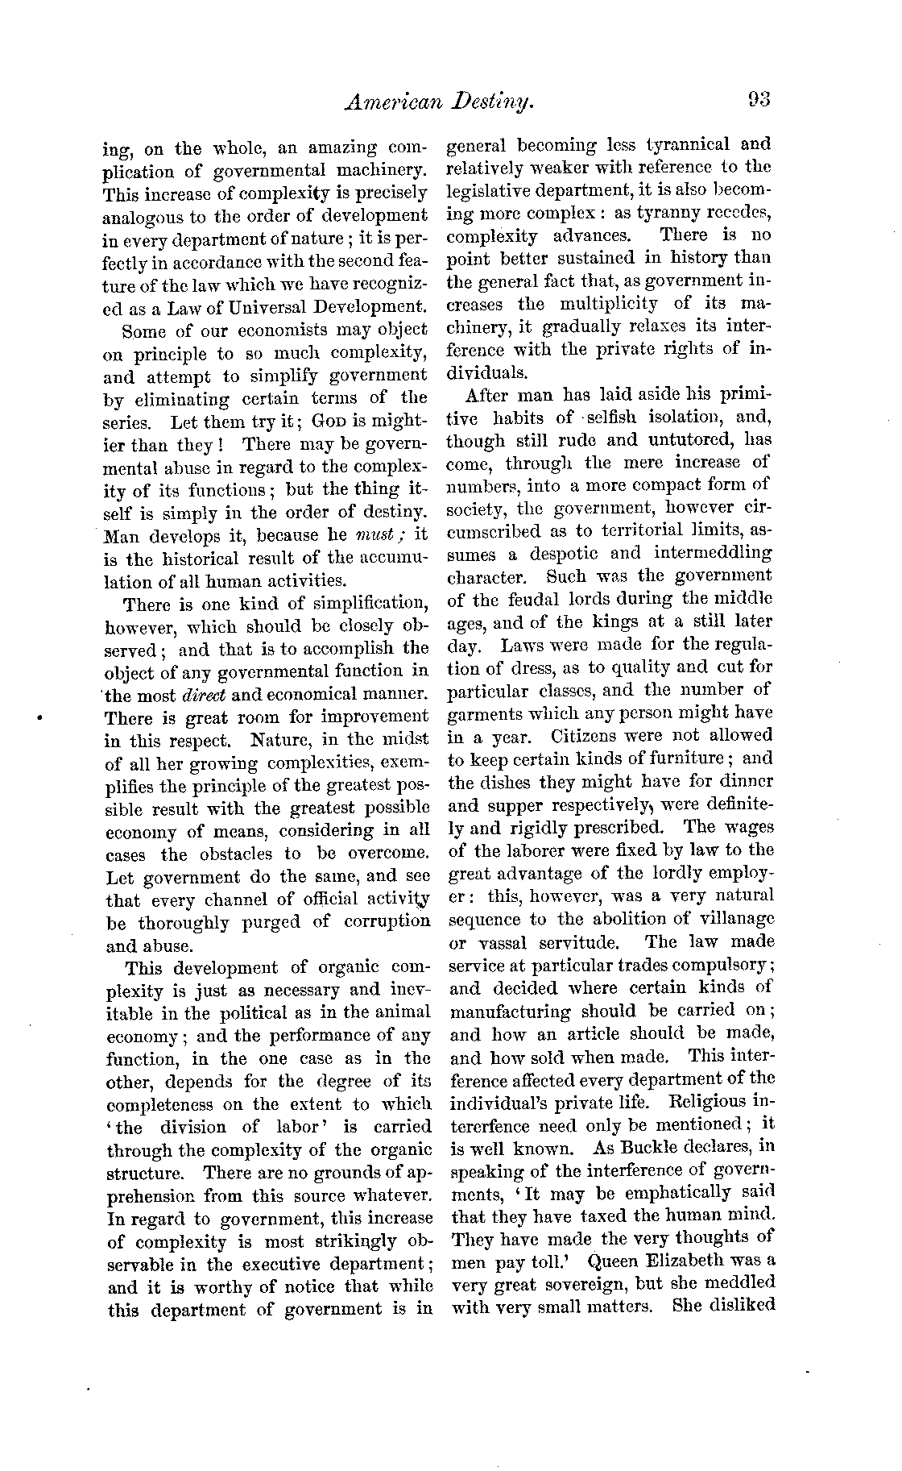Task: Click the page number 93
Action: pyautogui.click(x=759, y=100)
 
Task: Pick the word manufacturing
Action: pyautogui.click(x=511, y=1012)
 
